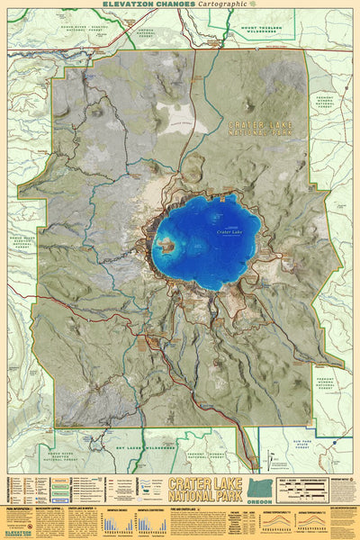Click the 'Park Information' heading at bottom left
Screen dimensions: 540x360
(x=20, y=508)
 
